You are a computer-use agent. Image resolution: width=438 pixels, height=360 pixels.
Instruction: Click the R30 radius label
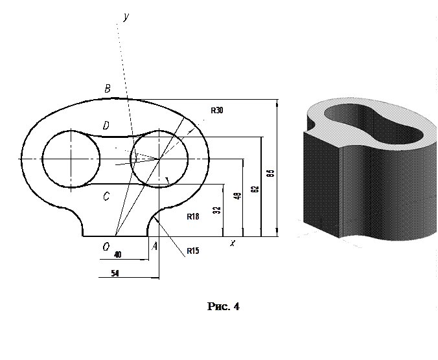[216, 111]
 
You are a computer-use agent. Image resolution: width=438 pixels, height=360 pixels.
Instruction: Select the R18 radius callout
[192, 217]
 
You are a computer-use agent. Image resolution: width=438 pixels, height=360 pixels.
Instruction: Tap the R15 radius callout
[192, 251]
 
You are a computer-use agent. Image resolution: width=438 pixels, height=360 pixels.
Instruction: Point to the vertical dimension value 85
[272, 173]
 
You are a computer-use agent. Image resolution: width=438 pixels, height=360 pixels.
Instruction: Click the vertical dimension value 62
[255, 189]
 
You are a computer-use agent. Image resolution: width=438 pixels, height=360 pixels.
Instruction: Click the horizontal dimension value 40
[117, 254]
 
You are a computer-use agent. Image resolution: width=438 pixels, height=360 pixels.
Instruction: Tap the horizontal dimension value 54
[115, 273]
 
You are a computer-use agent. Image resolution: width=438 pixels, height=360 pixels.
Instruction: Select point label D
[105, 124]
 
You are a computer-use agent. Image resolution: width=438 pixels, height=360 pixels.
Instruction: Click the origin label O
[105, 246]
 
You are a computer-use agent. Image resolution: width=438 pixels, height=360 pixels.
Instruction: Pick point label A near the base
[154, 246]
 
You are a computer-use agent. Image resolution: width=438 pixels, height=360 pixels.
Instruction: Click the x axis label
[232, 243]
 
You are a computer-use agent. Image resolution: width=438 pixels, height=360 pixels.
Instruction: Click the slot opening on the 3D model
[373, 124]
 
